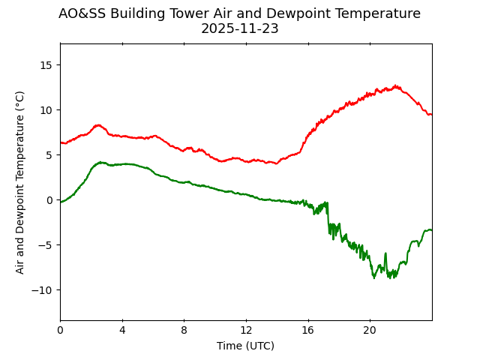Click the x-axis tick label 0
click(x=60, y=330)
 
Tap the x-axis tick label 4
click(x=122, y=330)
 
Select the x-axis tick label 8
click(x=184, y=330)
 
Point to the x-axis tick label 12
click(x=246, y=330)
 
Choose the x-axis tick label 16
click(x=307, y=330)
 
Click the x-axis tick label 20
click(x=370, y=330)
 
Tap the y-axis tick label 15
click(x=46, y=65)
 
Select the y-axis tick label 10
click(x=46, y=110)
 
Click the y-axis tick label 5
click(x=49, y=155)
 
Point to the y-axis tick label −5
click(x=46, y=245)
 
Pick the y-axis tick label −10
click(x=43, y=290)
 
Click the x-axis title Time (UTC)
click(x=245, y=346)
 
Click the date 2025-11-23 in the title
click(x=239, y=29)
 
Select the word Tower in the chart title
click(x=181, y=13)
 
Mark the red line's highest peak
click(x=395, y=85)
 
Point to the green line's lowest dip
click(x=374, y=278)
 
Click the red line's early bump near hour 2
click(x=97, y=125)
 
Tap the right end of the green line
click(x=431, y=229)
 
